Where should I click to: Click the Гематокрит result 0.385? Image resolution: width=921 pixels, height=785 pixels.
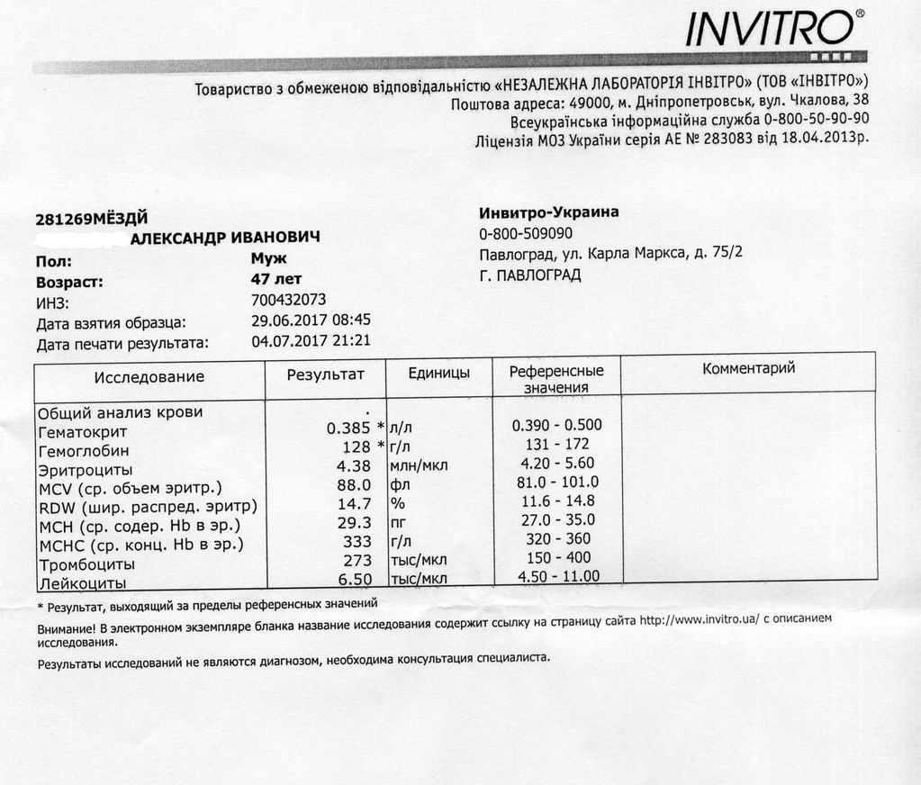point(348,429)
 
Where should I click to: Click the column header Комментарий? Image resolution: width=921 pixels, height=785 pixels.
point(748,368)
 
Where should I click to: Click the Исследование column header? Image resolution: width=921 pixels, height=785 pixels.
point(149,376)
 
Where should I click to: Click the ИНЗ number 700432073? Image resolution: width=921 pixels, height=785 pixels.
point(289,300)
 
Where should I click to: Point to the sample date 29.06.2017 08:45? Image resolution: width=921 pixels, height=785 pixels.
point(312,320)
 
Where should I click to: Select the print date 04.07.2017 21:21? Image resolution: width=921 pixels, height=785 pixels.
point(312,340)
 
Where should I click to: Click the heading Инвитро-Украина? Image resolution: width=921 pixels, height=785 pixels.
point(549,212)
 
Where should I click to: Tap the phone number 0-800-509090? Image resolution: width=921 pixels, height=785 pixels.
point(526,233)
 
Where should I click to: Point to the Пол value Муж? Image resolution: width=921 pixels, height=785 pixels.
point(269,259)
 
